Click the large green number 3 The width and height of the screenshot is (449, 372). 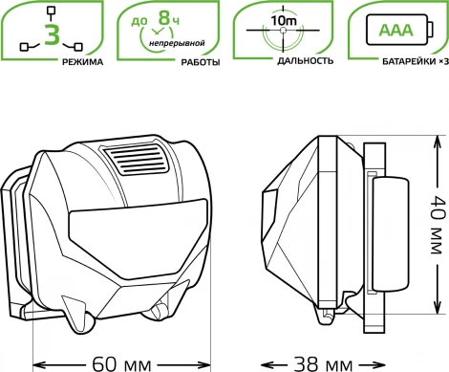click(x=53, y=34)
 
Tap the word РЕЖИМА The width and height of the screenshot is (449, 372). click(x=83, y=62)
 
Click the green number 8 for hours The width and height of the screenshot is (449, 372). click(x=164, y=17)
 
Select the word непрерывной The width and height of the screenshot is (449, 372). click(x=177, y=43)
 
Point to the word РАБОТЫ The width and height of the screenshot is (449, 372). click(x=201, y=62)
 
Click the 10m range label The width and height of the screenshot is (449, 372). click(x=284, y=21)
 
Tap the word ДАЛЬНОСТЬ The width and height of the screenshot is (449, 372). click(x=306, y=61)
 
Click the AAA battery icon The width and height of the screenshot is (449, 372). click(x=400, y=30)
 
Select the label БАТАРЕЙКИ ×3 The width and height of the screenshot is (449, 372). click(x=416, y=61)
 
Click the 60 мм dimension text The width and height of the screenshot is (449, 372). click(x=121, y=364)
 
